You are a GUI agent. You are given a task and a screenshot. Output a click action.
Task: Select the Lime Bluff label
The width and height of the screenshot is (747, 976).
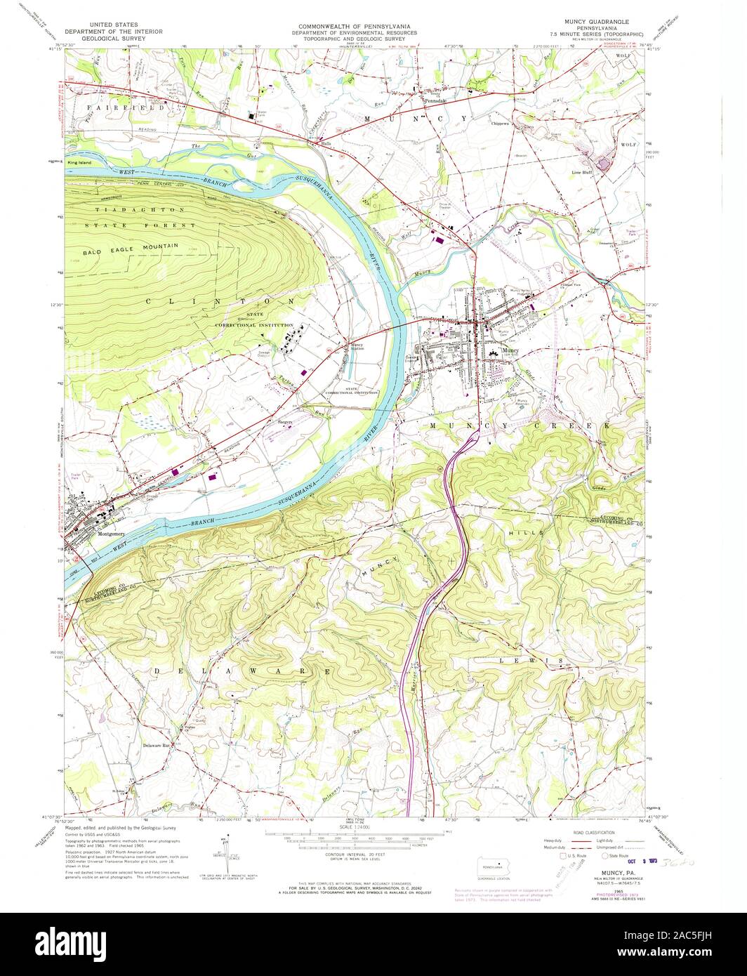click(583, 171)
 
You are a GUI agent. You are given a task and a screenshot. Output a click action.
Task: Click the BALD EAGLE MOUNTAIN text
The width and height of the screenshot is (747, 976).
click(130, 245)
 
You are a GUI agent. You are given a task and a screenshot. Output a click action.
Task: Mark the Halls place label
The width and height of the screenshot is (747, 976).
click(325, 143)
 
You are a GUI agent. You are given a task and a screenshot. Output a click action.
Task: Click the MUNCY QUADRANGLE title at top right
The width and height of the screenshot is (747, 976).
click(597, 21)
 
